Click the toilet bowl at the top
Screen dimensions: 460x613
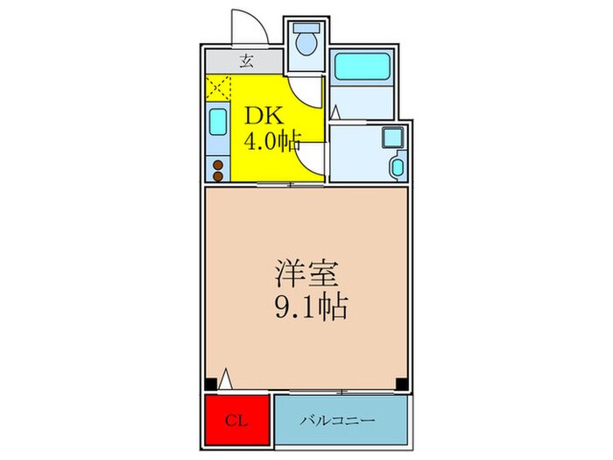pyautogui.click(x=306, y=41)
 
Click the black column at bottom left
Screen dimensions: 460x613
pyautogui.click(x=210, y=383)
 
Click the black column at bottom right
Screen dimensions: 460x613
pyautogui.click(x=401, y=383)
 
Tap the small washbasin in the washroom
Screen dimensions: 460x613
pyautogui.click(x=396, y=166)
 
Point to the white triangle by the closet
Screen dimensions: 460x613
pyautogui.click(x=227, y=379)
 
